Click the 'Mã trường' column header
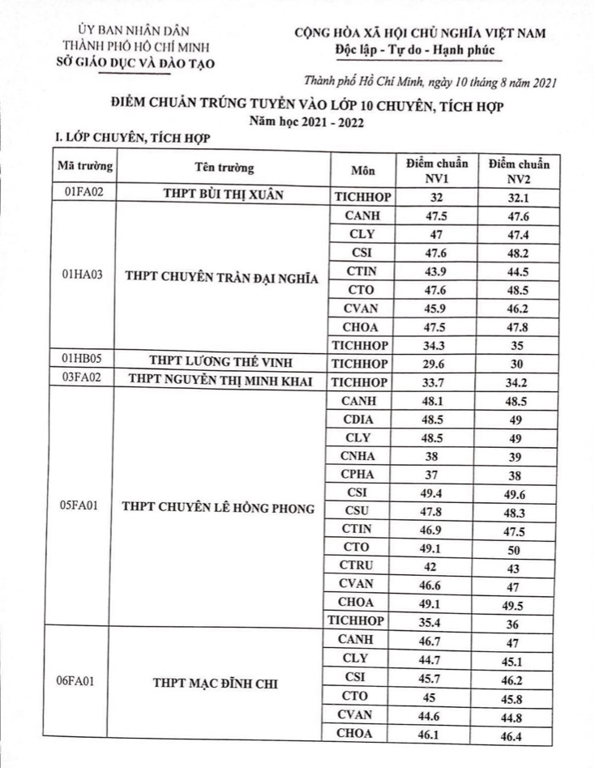[x=83, y=168]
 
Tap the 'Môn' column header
[x=362, y=171]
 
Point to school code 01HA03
[x=83, y=274]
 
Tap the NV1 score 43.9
[x=436, y=271]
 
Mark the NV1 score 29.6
[x=436, y=363]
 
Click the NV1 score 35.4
[x=436, y=621]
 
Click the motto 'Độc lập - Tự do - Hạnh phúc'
[x=413, y=50]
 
